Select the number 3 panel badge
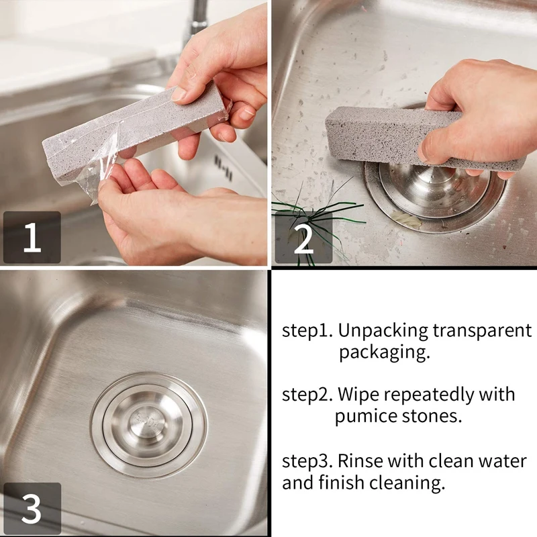(x=32, y=508)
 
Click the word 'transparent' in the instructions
(x=483, y=331)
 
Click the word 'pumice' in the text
(x=367, y=416)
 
